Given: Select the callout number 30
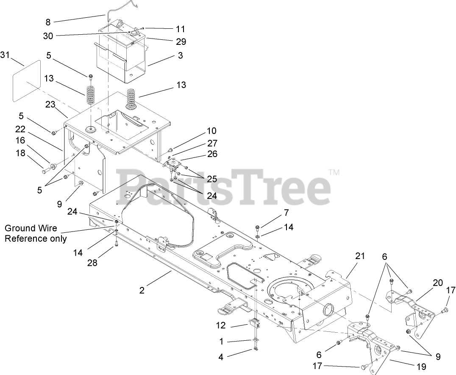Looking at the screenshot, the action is click(48, 36).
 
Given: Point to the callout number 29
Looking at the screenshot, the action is click(181, 41).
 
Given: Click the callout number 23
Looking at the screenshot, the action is click(50, 104).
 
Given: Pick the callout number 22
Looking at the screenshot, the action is click(20, 129).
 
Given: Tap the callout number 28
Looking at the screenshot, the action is click(92, 263).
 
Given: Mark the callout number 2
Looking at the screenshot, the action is click(142, 290).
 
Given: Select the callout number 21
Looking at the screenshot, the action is click(360, 256).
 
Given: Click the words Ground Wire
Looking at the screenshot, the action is click(31, 229).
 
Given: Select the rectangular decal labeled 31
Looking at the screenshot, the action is click(27, 80).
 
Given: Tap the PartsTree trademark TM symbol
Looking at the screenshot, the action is click(334, 173).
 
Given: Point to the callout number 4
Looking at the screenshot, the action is click(221, 357).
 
